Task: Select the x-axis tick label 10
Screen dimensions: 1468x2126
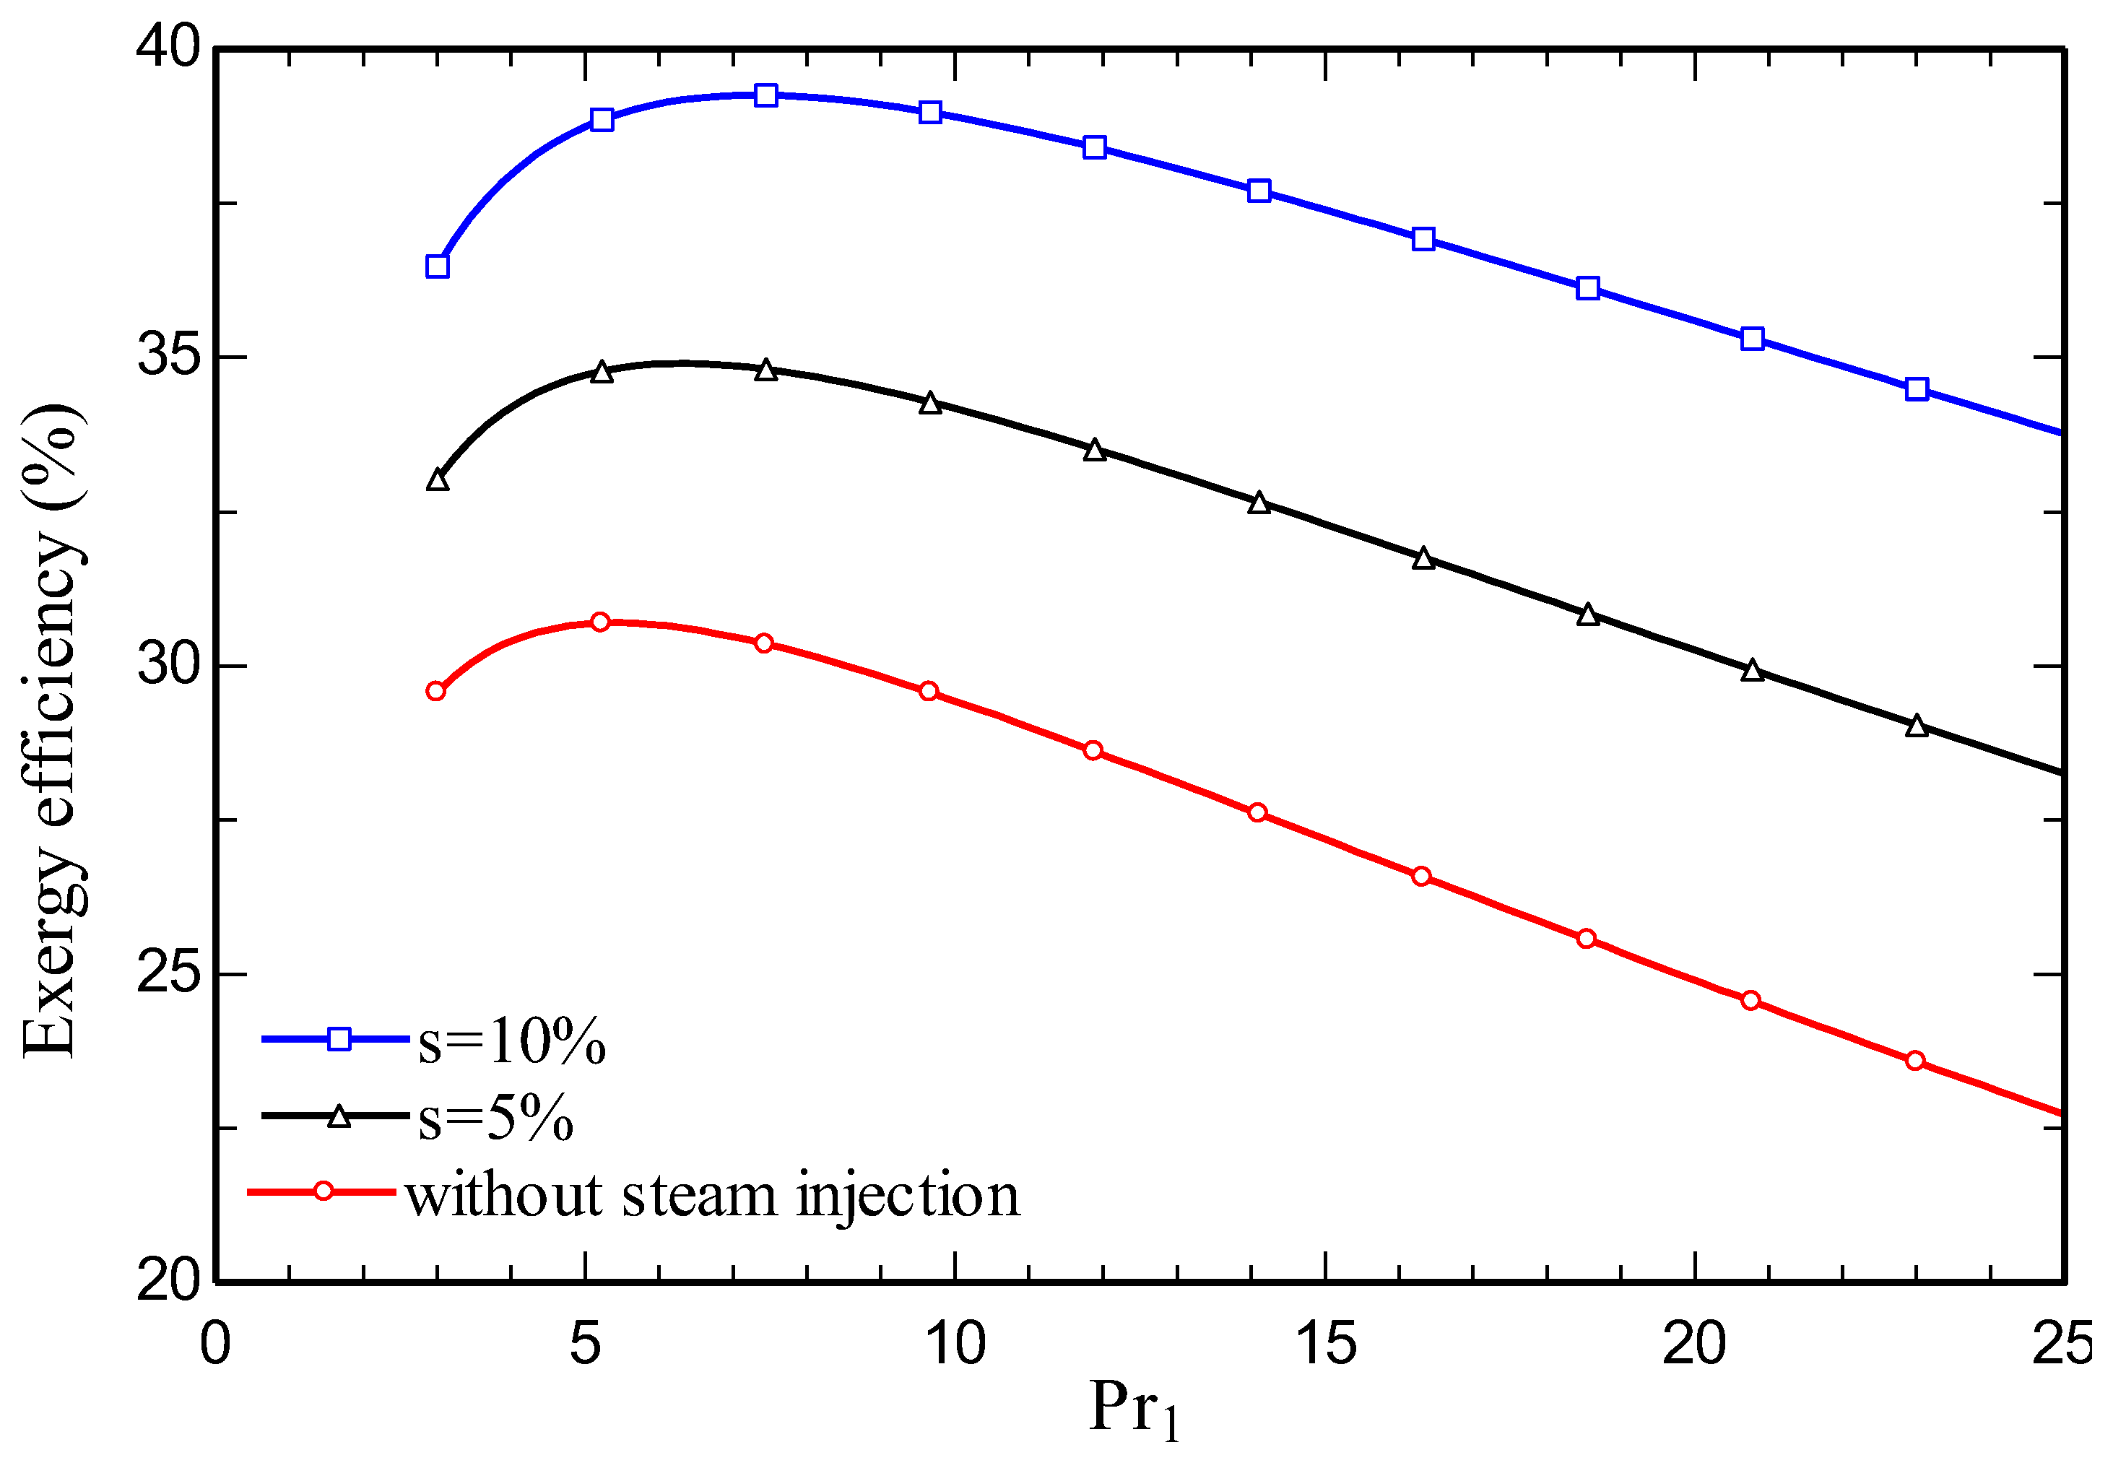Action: pos(955,1344)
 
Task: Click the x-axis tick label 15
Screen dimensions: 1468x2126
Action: pos(1324,1344)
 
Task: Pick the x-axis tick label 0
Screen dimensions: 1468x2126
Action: pos(214,1344)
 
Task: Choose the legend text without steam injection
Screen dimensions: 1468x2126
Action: pos(713,1196)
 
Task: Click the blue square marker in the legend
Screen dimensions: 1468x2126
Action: pos(339,1038)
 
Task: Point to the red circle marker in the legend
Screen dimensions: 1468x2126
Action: pos(323,1191)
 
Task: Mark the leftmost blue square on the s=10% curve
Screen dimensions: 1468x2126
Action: pos(437,266)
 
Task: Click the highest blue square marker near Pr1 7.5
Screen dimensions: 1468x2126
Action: pos(765,95)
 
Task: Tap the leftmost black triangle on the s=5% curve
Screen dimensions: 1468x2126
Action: pos(437,480)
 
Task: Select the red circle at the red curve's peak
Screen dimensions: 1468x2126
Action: pos(600,622)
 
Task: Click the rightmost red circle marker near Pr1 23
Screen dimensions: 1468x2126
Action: pos(1914,1061)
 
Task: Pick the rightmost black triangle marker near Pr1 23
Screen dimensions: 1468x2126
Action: pos(1917,726)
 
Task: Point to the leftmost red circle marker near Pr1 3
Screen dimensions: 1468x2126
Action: pos(435,691)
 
